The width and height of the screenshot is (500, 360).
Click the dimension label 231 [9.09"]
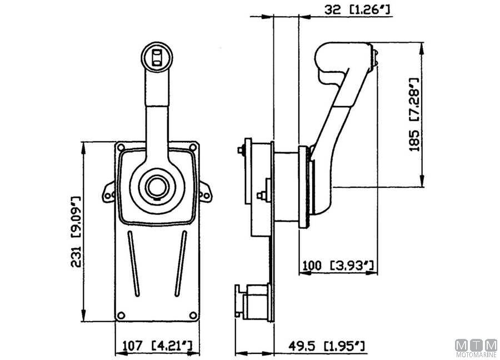pos(76,232)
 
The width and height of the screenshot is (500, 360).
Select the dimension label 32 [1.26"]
pos(357,9)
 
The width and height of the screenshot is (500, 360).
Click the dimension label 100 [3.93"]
pos(338,266)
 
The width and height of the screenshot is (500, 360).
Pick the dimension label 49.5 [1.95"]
pos(327,346)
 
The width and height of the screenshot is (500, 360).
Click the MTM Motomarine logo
pos(477,348)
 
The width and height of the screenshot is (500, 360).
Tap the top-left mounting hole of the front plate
pos(121,147)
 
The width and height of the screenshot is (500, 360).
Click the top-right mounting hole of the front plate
pos(193,147)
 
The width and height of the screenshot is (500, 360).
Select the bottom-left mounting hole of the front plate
pos(121,316)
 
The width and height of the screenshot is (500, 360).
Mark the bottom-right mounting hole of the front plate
pos(193,316)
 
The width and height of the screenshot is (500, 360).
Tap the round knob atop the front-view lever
pos(157,58)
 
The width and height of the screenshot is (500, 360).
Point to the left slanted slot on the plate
pos(133,264)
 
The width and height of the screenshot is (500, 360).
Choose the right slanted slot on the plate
pos(181,264)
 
